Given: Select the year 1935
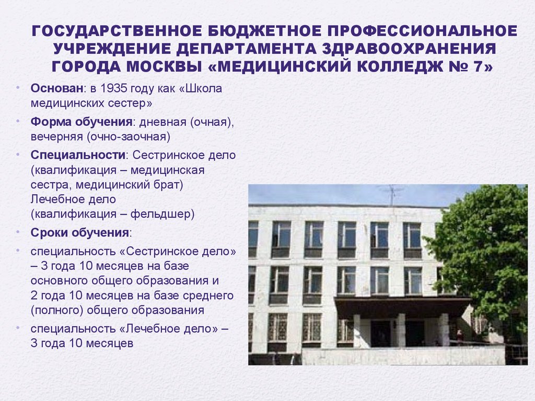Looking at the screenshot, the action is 114,88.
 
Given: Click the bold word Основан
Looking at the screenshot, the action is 57,88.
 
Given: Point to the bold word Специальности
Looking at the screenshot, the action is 78,155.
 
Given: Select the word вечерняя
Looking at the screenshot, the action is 57,137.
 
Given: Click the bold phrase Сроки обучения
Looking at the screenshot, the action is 80,233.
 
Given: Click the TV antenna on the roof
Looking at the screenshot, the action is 392,195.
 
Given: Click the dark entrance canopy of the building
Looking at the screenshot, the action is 403,305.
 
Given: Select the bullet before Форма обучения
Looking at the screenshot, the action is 18,121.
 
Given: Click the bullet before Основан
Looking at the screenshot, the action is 18,88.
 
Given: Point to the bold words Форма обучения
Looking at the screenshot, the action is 82,122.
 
